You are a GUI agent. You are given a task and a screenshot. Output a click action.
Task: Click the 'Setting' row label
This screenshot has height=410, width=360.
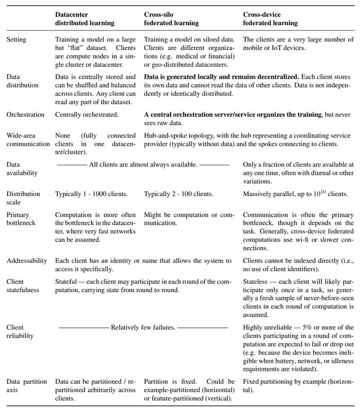tap(16, 39)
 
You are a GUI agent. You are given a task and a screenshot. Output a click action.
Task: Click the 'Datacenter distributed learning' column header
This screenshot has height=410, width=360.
tap(85, 19)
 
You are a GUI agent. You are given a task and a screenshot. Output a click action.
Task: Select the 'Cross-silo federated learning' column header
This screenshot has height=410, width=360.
tap(170, 19)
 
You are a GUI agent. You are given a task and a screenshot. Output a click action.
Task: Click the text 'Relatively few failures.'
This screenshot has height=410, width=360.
tap(143, 327)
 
